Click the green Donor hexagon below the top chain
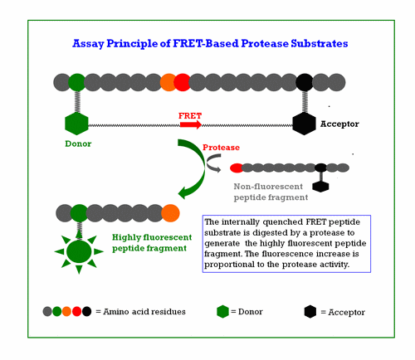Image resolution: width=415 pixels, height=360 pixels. (76, 124)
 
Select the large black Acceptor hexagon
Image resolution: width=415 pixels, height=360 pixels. (305, 124)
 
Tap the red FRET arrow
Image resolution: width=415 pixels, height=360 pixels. (190, 124)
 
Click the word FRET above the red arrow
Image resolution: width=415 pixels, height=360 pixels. (190, 115)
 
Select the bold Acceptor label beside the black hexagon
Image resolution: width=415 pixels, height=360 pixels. (340, 124)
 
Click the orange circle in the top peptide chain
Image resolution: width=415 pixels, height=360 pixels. (168, 82)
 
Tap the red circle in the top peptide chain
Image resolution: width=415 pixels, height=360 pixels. (182, 82)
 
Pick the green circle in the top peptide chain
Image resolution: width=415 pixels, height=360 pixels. (76, 82)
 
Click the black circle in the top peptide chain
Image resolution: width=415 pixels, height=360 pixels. (305, 82)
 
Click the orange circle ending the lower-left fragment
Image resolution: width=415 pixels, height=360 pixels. (171, 212)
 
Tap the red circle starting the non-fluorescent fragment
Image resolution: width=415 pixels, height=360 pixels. (237, 168)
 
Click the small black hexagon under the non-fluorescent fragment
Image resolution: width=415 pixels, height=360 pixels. (320, 186)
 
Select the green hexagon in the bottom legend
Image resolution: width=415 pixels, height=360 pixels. (222, 311)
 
